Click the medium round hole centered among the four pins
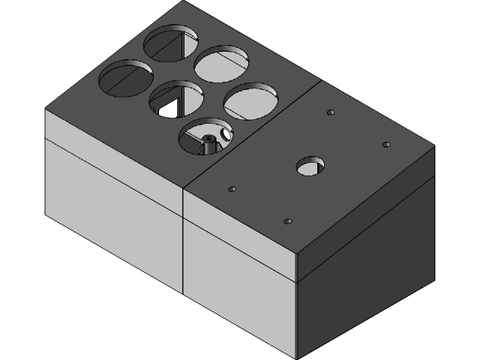click(309, 166)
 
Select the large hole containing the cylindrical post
click(205, 136)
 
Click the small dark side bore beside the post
click(223, 135)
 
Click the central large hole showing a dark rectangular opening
click(176, 98)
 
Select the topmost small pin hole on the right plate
click(330, 112)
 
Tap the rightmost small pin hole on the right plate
click(386, 144)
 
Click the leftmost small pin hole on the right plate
click(232, 189)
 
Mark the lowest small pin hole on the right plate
click(288, 221)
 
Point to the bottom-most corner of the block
click(297, 358)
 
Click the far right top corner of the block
click(434, 147)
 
